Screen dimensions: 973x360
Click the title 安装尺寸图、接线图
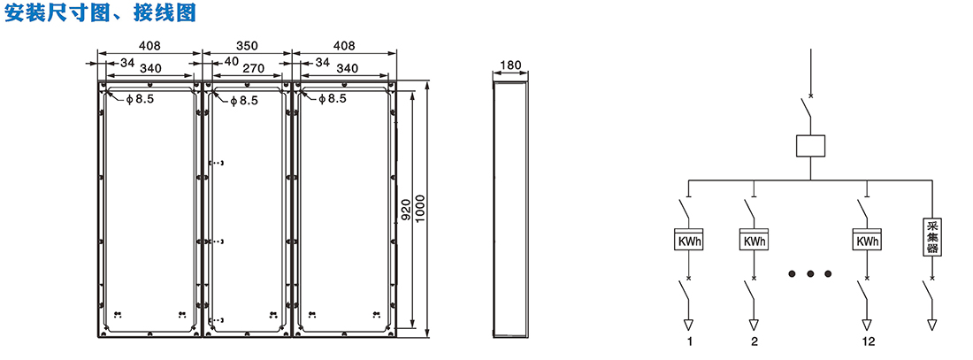click(101, 13)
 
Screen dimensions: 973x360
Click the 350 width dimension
click(247, 46)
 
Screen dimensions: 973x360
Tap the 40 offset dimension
click(231, 62)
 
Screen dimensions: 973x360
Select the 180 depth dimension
click(510, 65)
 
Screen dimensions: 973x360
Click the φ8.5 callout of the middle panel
click(243, 100)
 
